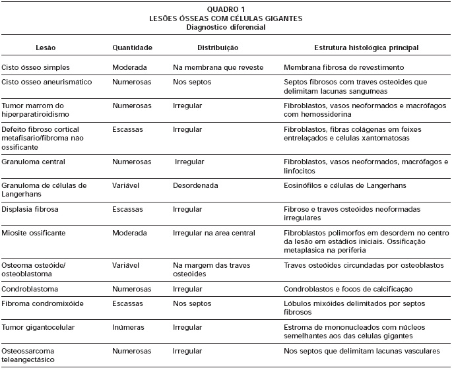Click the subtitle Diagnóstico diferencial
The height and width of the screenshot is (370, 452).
coord(226,27)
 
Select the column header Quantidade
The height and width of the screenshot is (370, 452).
coord(133,47)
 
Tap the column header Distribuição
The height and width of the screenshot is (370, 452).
coord(218,47)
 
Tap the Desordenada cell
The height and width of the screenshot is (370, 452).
coord(195,185)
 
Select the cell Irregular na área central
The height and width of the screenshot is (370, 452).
coord(214,233)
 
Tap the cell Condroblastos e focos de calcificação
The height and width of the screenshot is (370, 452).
coord(348,289)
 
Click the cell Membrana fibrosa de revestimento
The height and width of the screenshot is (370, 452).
coord(344,67)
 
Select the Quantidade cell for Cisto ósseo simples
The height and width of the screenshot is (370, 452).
coord(129,67)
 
